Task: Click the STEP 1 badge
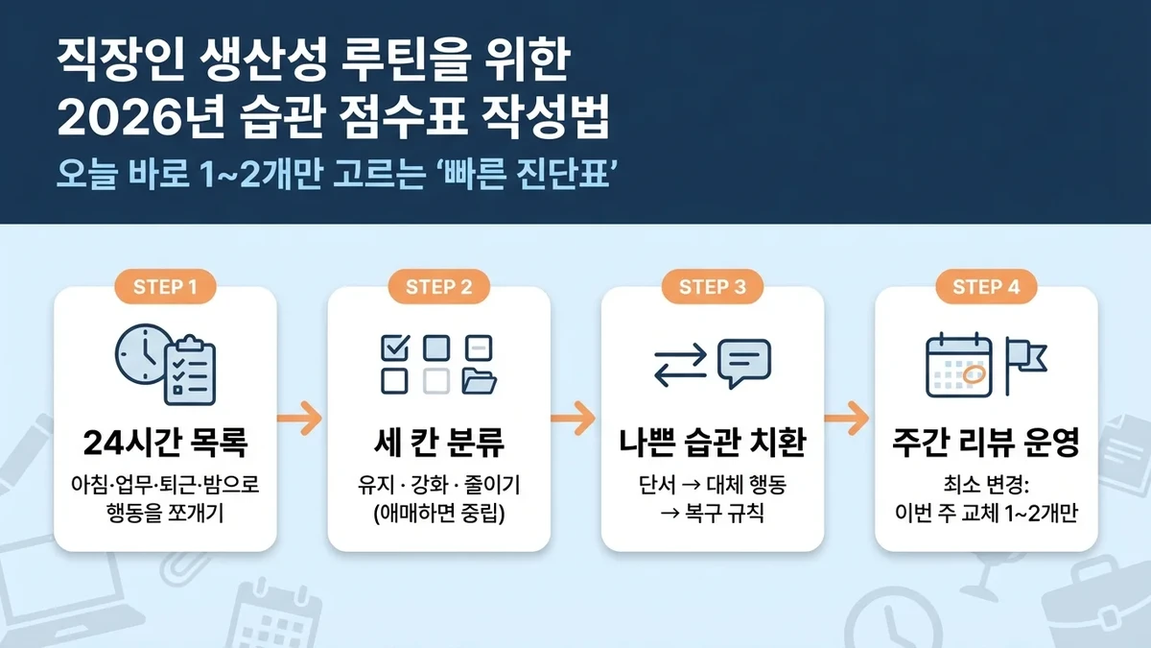166,286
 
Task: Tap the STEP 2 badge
439,286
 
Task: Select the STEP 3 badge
713,286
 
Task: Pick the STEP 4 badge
986,286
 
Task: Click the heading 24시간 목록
165,444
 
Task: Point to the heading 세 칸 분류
438,444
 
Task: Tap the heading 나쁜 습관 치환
713,444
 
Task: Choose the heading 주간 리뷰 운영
986,444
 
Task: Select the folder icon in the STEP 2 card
480,382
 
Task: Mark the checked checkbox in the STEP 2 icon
394,347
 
